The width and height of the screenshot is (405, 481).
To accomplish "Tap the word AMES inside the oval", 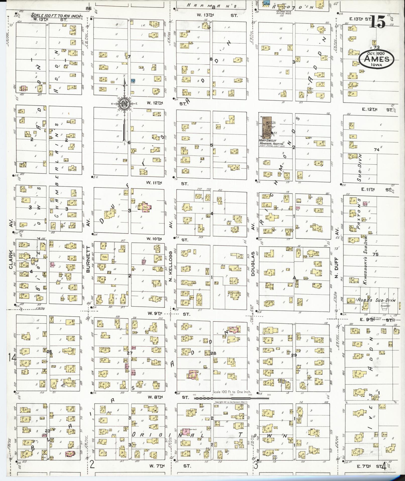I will [x=376, y=59].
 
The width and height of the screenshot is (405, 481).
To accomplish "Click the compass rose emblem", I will [x=124, y=103].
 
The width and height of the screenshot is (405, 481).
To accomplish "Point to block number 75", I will [x=376, y=254].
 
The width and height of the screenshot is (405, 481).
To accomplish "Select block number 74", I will [x=376, y=150].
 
